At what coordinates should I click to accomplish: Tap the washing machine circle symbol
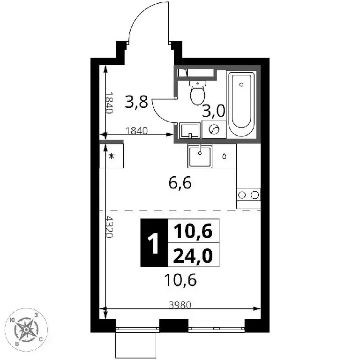click(x=214, y=129)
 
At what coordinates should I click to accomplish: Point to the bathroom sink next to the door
click(x=190, y=130)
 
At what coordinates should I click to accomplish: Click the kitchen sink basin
click(x=200, y=157)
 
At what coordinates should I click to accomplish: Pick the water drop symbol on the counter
click(x=225, y=157)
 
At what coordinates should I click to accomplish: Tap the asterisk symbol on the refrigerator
click(x=112, y=157)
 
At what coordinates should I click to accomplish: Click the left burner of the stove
click(x=242, y=195)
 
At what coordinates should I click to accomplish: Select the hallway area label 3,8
click(x=136, y=102)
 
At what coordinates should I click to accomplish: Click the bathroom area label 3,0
click(x=214, y=111)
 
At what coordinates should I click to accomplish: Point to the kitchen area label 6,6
click(x=180, y=183)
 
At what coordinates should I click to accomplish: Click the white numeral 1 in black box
click(x=153, y=243)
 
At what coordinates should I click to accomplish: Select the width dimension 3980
click(x=180, y=305)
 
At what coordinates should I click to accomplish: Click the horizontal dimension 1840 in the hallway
click(x=136, y=131)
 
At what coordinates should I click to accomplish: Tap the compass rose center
click(x=26, y=330)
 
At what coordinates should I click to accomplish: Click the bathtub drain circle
click(x=241, y=84)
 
